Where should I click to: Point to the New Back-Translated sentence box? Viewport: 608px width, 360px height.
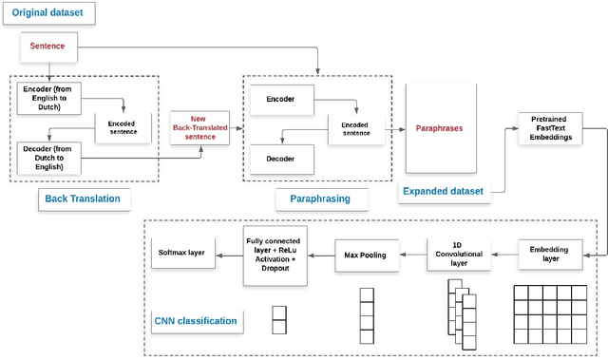tap(200, 128)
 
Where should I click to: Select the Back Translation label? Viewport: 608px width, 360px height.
tap(83, 198)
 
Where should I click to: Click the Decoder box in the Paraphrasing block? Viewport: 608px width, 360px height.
tap(279, 159)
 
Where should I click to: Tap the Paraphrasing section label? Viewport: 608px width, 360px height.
tap(313, 198)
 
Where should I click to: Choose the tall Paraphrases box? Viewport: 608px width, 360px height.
tap(439, 128)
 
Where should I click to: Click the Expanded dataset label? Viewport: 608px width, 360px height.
tap(442, 192)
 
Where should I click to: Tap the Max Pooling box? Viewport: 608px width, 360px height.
tap(366, 254)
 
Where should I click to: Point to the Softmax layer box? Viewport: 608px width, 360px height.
tap(181, 253)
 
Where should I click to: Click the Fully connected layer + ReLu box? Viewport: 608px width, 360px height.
tap(275, 254)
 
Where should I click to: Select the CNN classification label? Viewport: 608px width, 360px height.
tap(196, 321)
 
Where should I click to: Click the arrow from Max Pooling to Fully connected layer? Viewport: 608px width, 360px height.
tap(320, 254)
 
